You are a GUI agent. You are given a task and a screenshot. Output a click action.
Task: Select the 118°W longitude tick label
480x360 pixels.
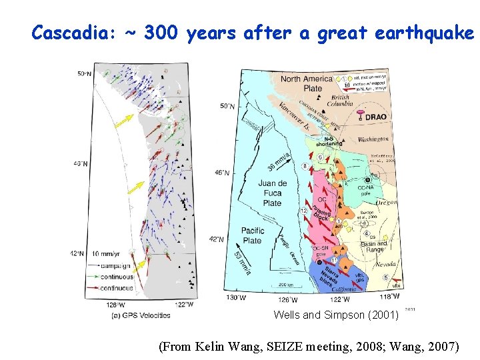coord(389,297)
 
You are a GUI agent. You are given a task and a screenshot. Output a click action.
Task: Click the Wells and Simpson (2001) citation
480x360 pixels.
coord(336,315)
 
